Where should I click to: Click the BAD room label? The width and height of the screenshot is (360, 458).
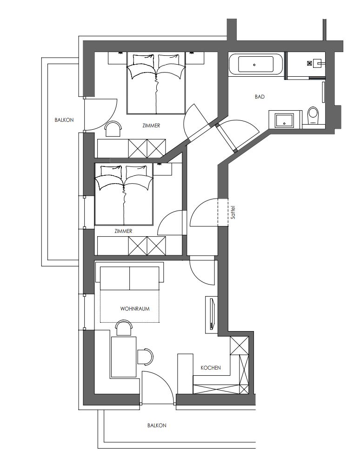[x=260, y=96]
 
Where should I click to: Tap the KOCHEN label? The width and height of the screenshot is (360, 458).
[x=211, y=368]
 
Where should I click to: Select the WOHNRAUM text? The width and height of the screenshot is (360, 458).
[x=135, y=309]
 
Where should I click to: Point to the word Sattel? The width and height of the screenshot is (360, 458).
[x=233, y=212]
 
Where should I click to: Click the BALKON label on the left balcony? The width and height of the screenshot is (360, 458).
[x=64, y=120]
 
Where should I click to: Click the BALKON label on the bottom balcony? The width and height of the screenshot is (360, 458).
[x=157, y=425]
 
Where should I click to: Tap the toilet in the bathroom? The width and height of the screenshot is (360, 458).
[x=313, y=115]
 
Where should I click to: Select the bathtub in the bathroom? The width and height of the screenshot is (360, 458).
[x=256, y=64]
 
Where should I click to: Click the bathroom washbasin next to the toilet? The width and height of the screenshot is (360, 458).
[x=285, y=119]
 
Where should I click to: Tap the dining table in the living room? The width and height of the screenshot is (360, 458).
[x=124, y=357]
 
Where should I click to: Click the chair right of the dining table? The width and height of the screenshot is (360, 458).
[x=145, y=356]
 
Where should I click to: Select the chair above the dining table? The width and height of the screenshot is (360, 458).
[x=124, y=328]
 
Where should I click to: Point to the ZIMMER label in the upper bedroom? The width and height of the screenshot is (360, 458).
[x=151, y=126]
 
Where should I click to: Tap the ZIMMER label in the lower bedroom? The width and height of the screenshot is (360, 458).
[x=123, y=231]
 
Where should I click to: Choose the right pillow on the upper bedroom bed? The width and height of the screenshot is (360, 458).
[x=168, y=60]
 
